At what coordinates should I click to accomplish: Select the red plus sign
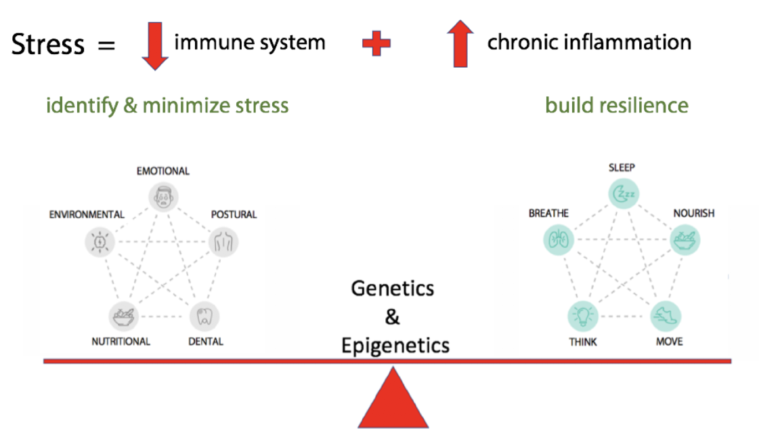pyautogui.click(x=376, y=44)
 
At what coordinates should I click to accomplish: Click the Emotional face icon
pyautogui.click(x=162, y=197)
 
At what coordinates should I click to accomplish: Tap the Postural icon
pyautogui.click(x=223, y=241)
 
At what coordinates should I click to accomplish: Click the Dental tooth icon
pyautogui.click(x=204, y=316)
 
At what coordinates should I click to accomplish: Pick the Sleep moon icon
pyautogui.click(x=623, y=195)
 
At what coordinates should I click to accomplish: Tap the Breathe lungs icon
pyautogui.click(x=559, y=239)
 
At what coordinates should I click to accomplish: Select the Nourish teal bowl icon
pyautogui.click(x=685, y=240)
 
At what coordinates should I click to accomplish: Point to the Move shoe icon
pyautogui.click(x=666, y=316)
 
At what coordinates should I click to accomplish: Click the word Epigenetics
pyautogui.click(x=395, y=345)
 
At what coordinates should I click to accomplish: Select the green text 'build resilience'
pyautogui.click(x=617, y=105)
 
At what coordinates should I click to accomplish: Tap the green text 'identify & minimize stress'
pyautogui.click(x=167, y=105)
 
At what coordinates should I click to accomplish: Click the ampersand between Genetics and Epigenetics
pyautogui.click(x=393, y=316)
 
